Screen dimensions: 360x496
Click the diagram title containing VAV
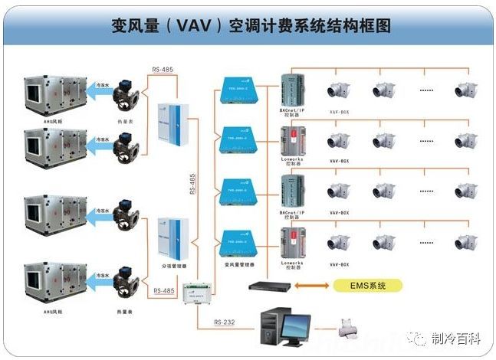pos(249,26)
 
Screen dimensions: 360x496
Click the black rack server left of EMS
pos(269,285)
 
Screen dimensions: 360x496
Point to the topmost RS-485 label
pos(163,70)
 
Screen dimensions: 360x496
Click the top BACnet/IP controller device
pos(292,90)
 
